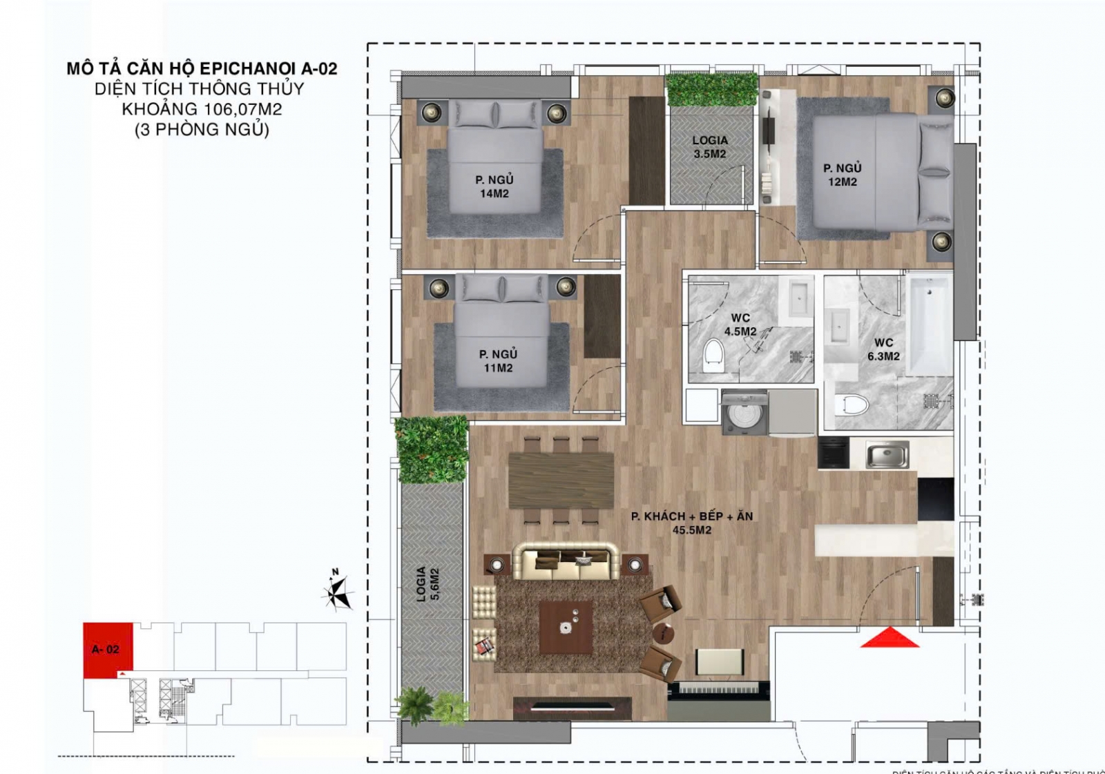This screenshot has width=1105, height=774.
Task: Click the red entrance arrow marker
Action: (x=890, y=638)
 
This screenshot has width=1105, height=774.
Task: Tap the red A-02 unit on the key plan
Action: (x=106, y=649)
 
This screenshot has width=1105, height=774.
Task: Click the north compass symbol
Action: (x=338, y=592)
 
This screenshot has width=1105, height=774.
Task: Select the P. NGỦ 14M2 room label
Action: (x=494, y=186)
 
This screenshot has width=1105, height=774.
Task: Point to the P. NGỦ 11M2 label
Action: (x=498, y=361)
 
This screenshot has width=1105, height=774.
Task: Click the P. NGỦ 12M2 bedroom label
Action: (x=843, y=175)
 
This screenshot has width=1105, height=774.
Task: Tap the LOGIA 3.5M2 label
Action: (x=710, y=147)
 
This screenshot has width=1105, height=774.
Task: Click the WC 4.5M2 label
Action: (x=740, y=325)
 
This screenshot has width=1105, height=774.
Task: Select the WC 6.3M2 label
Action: (x=883, y=349)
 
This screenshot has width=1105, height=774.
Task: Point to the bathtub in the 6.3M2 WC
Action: (x=930, y=325)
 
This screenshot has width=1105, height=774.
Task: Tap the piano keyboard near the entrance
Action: (x=718, y=689)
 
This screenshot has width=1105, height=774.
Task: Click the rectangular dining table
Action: (x=561, y=480)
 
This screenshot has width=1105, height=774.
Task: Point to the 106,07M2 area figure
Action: (x=242, y=109)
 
